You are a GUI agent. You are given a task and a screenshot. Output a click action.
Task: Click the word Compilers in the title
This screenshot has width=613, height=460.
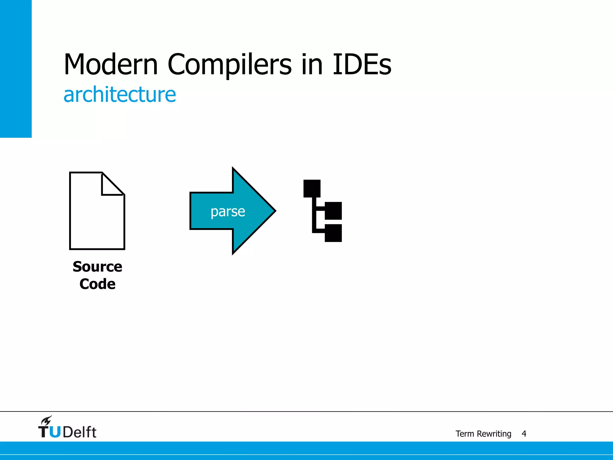coord(229,65)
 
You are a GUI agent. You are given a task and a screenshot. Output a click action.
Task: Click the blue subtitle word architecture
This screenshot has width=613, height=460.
coord(120,95)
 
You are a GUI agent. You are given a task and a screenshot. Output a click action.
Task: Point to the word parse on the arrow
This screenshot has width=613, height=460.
coord(228,211)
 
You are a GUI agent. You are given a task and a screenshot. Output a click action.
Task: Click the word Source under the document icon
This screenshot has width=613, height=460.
coord(97,267)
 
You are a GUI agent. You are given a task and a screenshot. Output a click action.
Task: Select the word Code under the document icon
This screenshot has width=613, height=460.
coord(97,284)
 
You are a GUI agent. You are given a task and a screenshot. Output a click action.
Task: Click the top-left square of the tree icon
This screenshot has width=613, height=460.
coord(312,188)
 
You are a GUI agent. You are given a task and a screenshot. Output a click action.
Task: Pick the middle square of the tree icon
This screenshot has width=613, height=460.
coord(333,211)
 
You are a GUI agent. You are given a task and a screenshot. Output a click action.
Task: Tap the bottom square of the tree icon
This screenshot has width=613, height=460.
coord(333,233)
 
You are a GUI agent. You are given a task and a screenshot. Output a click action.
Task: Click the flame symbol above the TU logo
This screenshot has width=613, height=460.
coord(47,421)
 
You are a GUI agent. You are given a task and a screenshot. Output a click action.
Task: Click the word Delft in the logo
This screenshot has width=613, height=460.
coord(80,432)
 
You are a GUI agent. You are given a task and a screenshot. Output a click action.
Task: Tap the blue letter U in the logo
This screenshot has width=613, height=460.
coord(55,432)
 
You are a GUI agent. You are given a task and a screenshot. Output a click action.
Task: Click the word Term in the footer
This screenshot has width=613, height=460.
coord(465,434)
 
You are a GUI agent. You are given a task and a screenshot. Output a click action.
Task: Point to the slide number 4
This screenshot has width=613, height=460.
coord(524,434)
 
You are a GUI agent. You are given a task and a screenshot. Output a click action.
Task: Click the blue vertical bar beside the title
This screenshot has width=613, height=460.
coord(16,69)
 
